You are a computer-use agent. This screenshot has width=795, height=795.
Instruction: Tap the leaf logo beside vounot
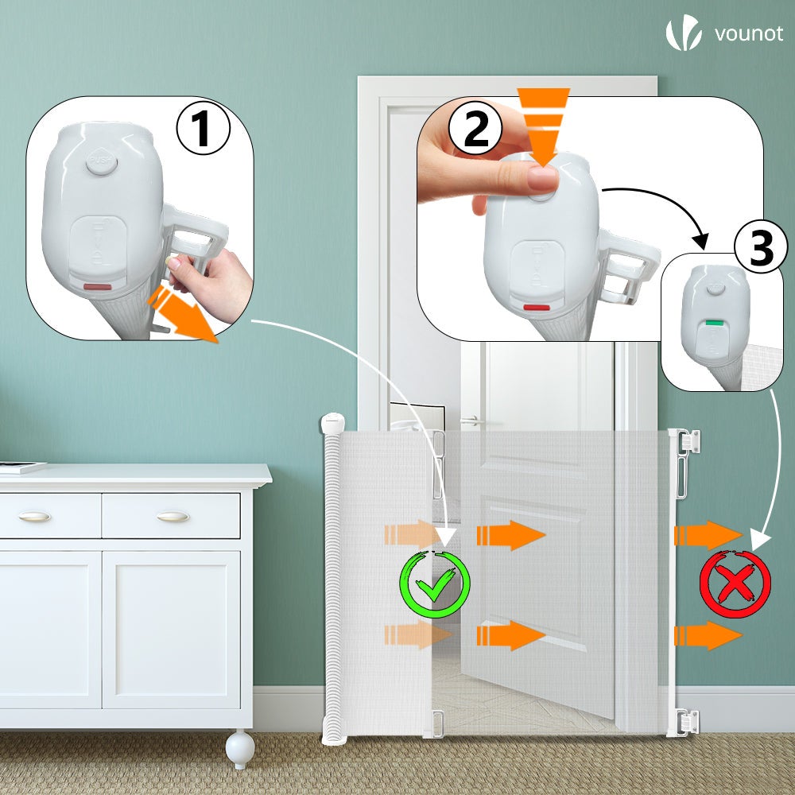click(683, 33)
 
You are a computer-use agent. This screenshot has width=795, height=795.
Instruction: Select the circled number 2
click(475, 130)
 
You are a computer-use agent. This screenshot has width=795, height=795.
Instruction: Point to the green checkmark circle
click(434, 586)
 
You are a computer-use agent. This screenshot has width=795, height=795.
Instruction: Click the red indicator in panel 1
click(98, 285)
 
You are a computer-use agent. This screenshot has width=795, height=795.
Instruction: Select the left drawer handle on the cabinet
click(34, 517)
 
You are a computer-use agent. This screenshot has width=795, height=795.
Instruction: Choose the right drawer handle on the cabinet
click(173, 517)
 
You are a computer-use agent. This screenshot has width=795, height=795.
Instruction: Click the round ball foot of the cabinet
click(239, 749)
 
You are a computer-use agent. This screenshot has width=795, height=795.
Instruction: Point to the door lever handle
click(471, 420)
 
